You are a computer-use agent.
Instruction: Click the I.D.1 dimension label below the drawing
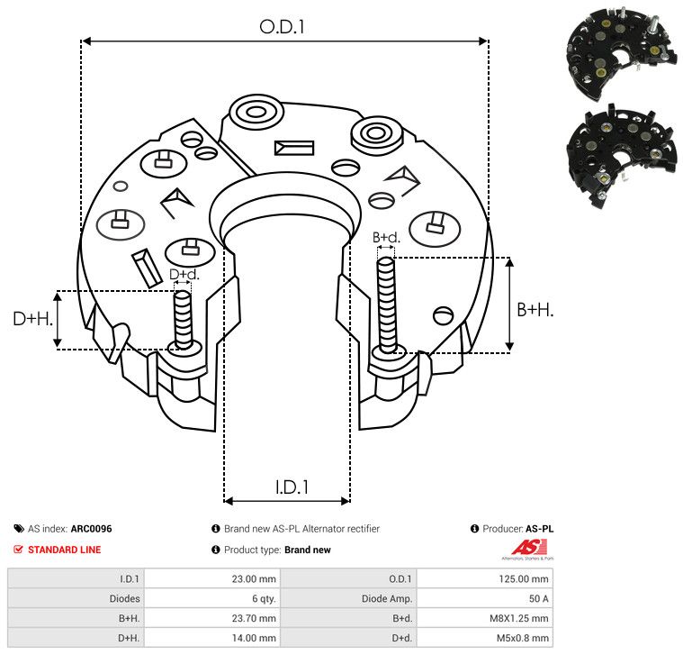pyautogui.click(x=292, y=487)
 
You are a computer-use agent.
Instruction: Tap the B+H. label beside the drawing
pyautogui.click(x=535, y=310)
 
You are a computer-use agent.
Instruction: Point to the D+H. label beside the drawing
pyautogui.click(x=33, y=319)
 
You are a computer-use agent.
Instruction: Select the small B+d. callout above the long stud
pyautogui.click(x=386, y=238)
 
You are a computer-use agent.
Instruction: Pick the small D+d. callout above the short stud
pyautogui.click(x=184, y=274)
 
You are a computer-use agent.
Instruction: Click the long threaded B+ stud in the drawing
pyautogui.click(x=386, y=305)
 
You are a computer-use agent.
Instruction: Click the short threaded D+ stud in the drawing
pyautogui.click(x=183, y=320)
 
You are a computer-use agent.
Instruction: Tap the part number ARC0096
pyautogui.click(x=92, y=529)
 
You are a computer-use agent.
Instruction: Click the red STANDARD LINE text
pyautogui.click(x=65, y=550)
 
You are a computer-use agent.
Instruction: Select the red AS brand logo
pyautogui.click(x=529, y=549)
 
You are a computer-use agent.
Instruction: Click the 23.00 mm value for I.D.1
pyautogui.click(x=254, y=579)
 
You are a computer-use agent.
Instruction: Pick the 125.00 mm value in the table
pyautogui.click(x=524, y=579)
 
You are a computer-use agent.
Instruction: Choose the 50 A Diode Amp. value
pyautogui.click(x=539, y=599)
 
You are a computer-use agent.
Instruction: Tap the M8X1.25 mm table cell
pyautogui.click(x=519, y=618)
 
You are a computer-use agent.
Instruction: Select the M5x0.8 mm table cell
pyautogui.click(x=523, y=638)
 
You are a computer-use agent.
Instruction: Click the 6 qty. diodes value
pyautogui.click(x=264, y=599)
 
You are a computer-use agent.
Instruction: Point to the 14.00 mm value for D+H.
pyautogui.click(x=254, y=638)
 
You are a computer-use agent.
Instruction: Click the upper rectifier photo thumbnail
pyautogui.click(x=622, y=53)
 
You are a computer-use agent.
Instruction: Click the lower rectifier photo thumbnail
pyautogui.click(x=622, y=157)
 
